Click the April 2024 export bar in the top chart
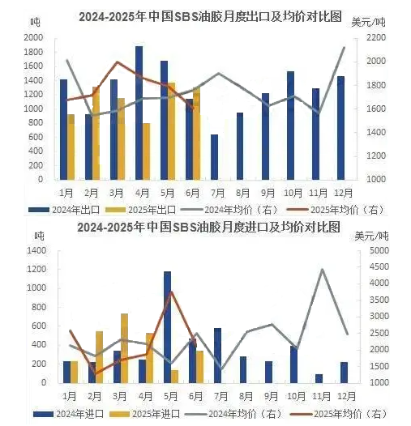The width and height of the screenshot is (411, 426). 139,113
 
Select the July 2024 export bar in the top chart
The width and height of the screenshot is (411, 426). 215,157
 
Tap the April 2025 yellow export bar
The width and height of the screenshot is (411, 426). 147,151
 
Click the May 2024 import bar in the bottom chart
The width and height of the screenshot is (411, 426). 167,327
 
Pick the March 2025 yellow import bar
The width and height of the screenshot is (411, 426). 124,348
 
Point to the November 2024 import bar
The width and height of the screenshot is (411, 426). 319,379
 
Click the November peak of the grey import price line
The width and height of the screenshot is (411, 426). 322,269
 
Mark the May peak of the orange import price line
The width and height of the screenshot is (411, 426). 171,292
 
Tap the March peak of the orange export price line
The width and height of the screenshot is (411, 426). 118,62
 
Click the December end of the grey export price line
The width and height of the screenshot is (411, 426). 345,48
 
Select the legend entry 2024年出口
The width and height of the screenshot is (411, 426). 64,210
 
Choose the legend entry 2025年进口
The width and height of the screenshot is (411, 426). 145,414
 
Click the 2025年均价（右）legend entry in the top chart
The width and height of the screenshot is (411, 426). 336,210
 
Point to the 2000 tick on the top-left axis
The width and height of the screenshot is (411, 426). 33,37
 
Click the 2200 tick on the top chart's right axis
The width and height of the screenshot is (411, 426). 376,37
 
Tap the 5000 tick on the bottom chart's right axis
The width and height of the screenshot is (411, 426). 379,250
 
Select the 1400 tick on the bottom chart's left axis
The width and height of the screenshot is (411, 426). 36,250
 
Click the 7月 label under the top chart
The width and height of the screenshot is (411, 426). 217,194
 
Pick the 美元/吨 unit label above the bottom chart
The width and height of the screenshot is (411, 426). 372,236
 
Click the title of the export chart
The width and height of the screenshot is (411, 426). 210,17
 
